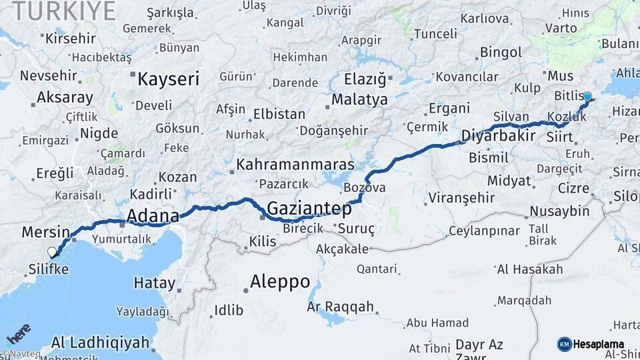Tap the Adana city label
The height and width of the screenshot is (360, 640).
click(x=153, y=216)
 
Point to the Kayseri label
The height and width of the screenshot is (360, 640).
click(x=168, y=80)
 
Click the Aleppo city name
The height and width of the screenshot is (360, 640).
click(x=280, y=281)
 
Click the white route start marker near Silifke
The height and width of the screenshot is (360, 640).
click(x=52, y=252)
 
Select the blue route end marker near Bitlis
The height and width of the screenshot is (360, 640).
click(x=587, y=97)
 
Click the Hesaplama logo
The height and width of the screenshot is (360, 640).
click(x=591, y=344)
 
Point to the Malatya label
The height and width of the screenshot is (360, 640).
click(x=359, y=100)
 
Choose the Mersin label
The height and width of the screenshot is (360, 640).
click(x=45, y=233)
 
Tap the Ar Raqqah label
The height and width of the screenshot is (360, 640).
click(x=340, y=307)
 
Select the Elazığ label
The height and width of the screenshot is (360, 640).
click(x=365, y=80)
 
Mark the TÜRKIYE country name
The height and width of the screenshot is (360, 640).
click(x=63, y=11)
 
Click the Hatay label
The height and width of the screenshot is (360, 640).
click(x=155, y=283)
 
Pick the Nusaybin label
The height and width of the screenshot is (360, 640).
click(x=559, y=211)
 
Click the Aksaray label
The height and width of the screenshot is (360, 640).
click(x=65, y=97)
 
